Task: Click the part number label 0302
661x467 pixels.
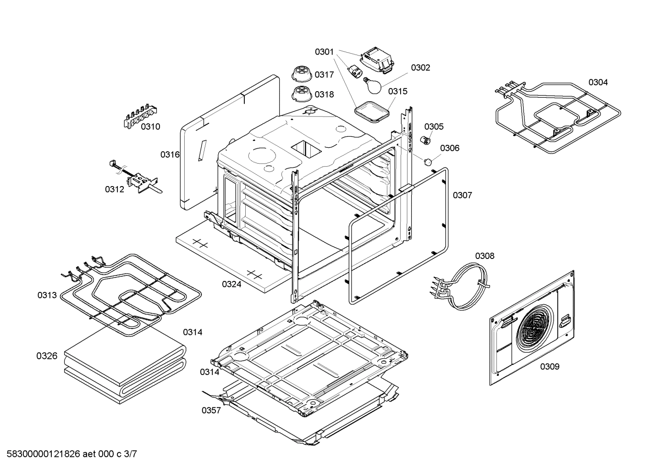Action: (x=420, y=67)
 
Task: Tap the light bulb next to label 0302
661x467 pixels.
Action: (x=373, y=86)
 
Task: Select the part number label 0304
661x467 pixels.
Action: (x=598, y=82)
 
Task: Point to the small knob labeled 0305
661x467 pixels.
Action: (x=425, y=140)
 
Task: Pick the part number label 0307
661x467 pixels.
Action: (x=463, y=195)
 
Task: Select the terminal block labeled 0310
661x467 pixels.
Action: (x=140, y=116)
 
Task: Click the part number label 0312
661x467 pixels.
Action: (x=115, y=189)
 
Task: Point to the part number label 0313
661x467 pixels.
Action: (x=47, y=295)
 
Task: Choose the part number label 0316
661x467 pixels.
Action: (x=170, y=154)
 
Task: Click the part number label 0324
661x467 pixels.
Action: (x=231, y=284)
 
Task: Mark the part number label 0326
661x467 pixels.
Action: (x=47, y=356)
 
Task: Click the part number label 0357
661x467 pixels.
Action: (x=211, y=410)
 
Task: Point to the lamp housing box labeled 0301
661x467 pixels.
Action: (x=377, y=60)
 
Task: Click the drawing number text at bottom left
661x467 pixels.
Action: (x=72, y=454)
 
